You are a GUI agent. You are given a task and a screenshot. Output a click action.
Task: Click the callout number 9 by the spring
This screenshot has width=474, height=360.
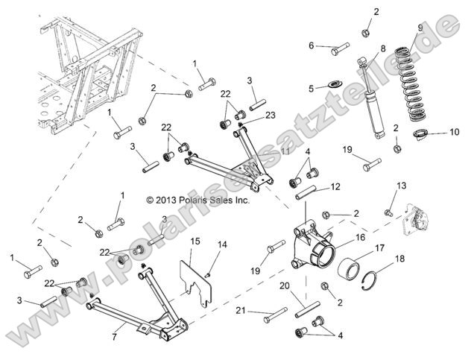click(420, 28)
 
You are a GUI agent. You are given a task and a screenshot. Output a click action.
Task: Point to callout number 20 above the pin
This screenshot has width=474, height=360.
click(284, 286)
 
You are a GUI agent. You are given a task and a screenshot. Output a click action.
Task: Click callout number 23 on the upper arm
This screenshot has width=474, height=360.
click(270, 115)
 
